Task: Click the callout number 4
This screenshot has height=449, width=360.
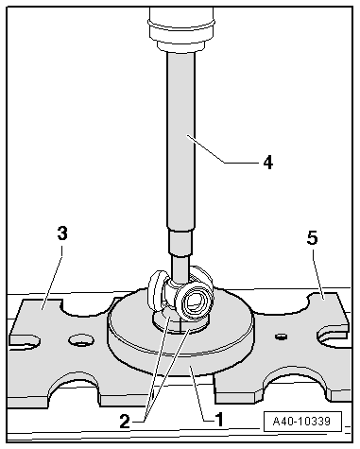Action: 268,163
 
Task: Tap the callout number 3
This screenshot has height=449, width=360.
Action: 62,233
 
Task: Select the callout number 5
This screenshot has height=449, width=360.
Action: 313,238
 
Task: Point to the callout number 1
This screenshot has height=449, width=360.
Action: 218,420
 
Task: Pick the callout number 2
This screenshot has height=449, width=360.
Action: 125,422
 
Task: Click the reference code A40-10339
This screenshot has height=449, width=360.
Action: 301,421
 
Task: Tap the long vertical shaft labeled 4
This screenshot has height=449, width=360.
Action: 180,140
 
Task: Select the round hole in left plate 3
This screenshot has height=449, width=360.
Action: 81,340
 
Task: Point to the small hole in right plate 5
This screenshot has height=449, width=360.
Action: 281,337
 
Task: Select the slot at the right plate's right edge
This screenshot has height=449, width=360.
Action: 334,336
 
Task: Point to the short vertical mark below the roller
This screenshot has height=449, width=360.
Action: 180,325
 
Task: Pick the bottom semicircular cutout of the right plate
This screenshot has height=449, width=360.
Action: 292,381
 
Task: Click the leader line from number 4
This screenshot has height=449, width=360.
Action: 221,148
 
